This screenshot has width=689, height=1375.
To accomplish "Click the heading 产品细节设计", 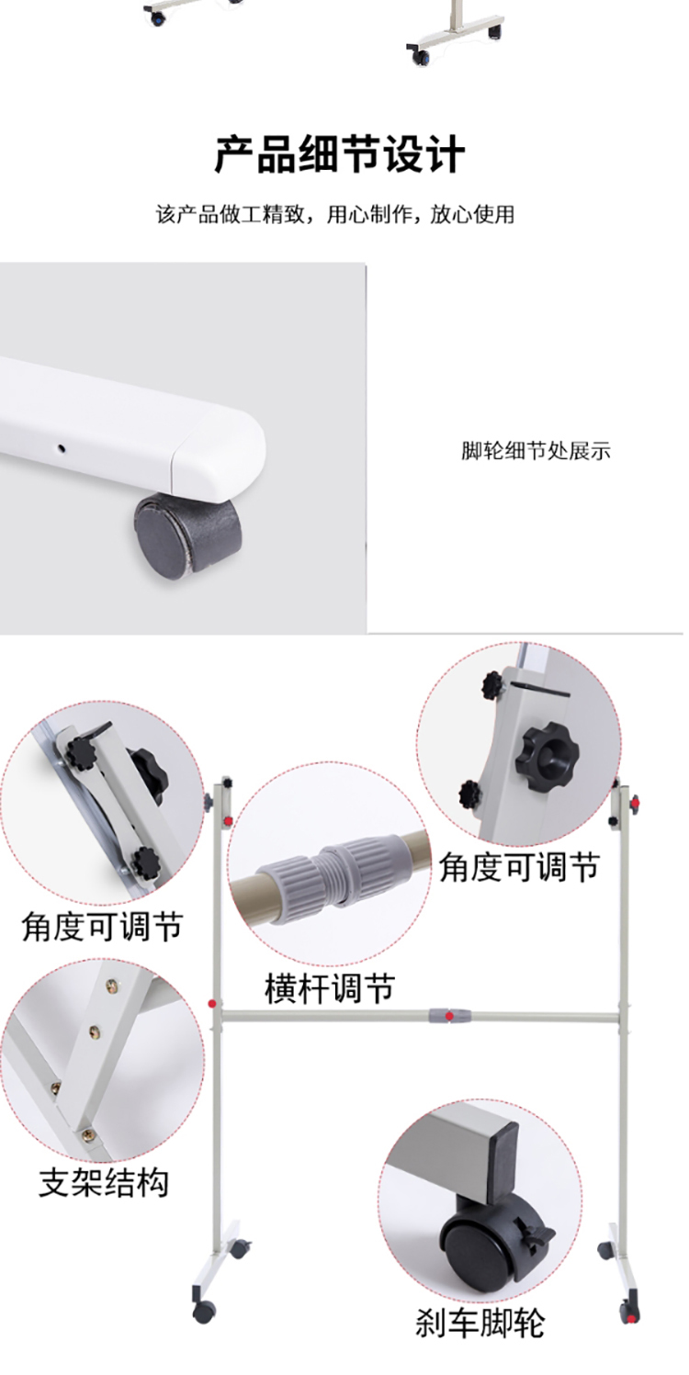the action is click(x=340, y=154).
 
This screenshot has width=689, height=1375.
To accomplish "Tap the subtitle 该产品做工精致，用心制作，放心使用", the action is click(x=334, y=215).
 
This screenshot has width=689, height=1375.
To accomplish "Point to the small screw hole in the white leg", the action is click(x=62, y=448).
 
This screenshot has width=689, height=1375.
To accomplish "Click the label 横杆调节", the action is click(x=330, y=988).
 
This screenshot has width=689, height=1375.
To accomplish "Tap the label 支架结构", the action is click(x=103, y=1182).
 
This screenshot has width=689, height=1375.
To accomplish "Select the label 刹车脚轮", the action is click(x=480, y=1323).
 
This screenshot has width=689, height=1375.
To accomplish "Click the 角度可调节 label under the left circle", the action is click(x=103, y=926).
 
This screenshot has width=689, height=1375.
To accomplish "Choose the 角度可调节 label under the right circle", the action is click(x=520, y=867).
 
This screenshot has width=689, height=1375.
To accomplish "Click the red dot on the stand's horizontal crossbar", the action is click(x=449, y=1017).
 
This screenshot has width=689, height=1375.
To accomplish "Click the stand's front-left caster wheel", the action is click(x=205, y=1312).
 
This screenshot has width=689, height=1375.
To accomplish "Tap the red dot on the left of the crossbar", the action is click(x=212, y=1004).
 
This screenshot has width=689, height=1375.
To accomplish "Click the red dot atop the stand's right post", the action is click(x=635, y=802).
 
